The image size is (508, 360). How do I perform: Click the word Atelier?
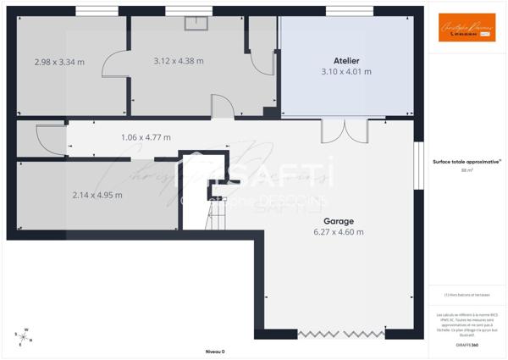[x=346, y=61]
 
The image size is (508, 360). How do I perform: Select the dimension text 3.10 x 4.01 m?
[x=346, y=72]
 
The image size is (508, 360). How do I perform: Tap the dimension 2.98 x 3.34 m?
[x=58, y=61]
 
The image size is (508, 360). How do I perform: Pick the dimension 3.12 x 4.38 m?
[x=178, y=61]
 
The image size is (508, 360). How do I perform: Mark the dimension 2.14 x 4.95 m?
[x=97, y=195]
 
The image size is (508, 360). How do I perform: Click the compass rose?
[x=24, y=337]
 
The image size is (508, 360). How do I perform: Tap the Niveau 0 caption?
[x=215, y=351]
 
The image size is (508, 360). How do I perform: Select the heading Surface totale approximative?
[x=467, y=161]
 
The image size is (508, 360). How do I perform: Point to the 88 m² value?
[x=467, y=170]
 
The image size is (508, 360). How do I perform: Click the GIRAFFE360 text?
[x=467, y=346]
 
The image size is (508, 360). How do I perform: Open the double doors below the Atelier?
[x=344, y=131]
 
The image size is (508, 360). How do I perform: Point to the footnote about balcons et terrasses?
[x=467, y=295]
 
